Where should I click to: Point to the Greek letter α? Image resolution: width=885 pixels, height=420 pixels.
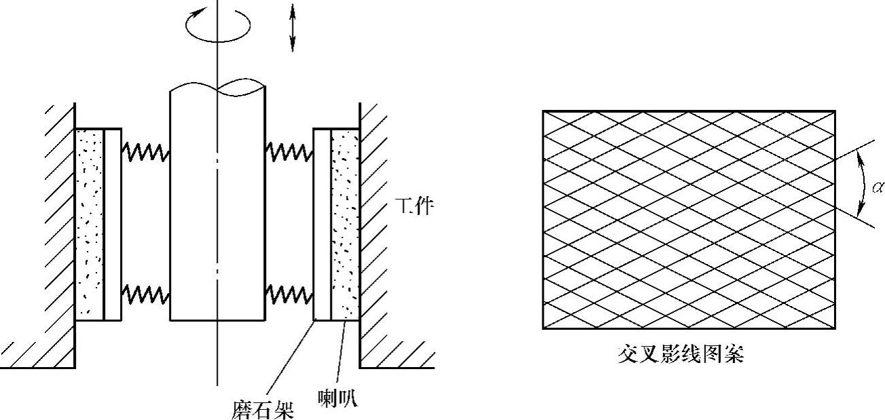pos(877,185)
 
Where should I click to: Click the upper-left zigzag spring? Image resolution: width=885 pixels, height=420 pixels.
pos(145,152)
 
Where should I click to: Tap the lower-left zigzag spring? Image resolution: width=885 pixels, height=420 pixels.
pos(145,294)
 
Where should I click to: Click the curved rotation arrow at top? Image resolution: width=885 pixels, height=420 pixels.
pos(218,24)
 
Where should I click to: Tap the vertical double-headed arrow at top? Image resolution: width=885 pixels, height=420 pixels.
pos(293,28)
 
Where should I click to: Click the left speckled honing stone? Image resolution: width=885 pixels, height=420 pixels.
pos(89,224)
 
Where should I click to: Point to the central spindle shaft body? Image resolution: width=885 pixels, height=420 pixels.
pos(217,204)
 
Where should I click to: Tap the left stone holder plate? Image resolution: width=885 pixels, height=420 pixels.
pos(113,224)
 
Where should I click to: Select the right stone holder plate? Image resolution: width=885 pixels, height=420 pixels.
pos(322,224)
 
